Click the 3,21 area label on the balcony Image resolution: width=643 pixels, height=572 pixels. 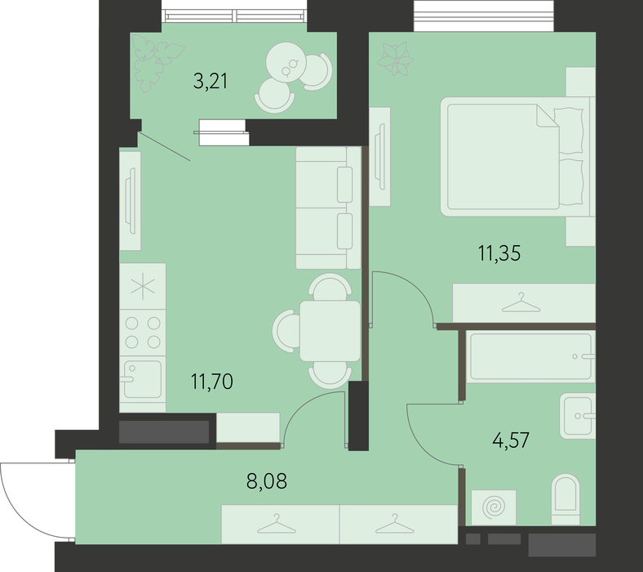(211, 81)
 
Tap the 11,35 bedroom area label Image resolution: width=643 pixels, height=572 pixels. (499, 253)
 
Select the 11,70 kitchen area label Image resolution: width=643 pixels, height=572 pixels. (211, 381)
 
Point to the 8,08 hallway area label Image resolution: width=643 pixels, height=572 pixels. (267, 480)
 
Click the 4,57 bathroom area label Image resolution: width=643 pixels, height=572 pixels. (511, 440)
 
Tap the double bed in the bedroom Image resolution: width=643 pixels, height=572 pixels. (517, 156)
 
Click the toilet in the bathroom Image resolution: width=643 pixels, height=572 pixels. (566, 499)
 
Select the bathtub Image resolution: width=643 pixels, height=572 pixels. (531, 356)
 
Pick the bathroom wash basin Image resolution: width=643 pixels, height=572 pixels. (578, 416)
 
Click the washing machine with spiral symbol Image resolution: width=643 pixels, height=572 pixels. (494, 507)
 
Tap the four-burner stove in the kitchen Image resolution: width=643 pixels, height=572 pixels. (143, 333)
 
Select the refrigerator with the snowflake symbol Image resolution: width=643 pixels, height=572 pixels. (143, 286)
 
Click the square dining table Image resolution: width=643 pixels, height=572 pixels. (330, 331)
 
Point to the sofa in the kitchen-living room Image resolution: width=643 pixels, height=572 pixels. (328, 208)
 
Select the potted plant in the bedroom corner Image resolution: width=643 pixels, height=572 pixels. (395, 60)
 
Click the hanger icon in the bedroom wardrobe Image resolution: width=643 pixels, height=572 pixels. (521, 302)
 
